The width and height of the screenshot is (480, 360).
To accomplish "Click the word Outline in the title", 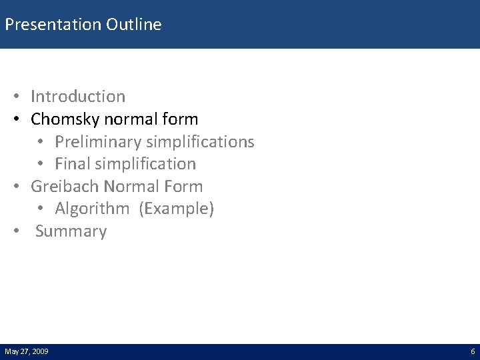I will click(x=137, y=25).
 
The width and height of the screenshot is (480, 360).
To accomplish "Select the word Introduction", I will click(x=77, y=97).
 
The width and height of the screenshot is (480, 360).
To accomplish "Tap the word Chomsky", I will click(x=64, y=119).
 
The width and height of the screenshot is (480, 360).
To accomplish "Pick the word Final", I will click(x=73, y=164).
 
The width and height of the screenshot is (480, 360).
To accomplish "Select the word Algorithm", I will click(x=92, y=209).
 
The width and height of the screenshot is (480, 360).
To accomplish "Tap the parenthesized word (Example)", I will click(x=177, y=209).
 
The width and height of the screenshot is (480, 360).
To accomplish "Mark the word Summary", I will click(x=71, y=232).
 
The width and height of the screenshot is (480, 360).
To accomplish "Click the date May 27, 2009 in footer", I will click(x=26, y=351).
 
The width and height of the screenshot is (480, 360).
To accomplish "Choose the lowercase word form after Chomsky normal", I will click(x=182, y=119).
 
